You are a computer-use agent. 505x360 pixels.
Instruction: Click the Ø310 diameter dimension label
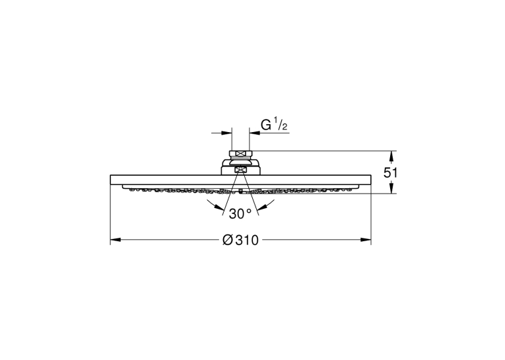click(240, 240)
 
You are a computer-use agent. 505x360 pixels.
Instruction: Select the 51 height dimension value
click(390, 173)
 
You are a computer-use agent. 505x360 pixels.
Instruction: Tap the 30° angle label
click(240, 213)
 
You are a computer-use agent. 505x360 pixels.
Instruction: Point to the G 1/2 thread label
click(274, 125)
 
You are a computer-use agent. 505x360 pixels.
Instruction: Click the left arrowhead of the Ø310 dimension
click(116, 240)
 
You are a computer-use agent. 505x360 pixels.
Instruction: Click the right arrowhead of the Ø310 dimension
click(366, 240)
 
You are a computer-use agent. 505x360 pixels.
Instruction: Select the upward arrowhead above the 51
click(391, 156)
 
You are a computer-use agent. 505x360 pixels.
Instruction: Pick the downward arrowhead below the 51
click(391, 188)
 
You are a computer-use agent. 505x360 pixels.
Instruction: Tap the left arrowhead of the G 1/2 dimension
click(226, 133)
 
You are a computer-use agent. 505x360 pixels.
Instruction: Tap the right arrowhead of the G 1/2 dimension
click(254, 133)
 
